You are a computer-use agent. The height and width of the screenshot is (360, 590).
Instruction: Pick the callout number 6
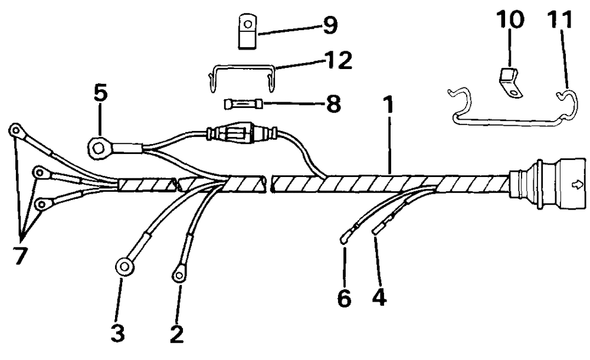point(345,298)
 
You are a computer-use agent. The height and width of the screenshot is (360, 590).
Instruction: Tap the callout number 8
point(333,104)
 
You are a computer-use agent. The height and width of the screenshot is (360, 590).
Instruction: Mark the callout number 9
point(328,25)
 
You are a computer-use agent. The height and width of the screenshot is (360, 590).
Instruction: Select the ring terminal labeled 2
point(178,274)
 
